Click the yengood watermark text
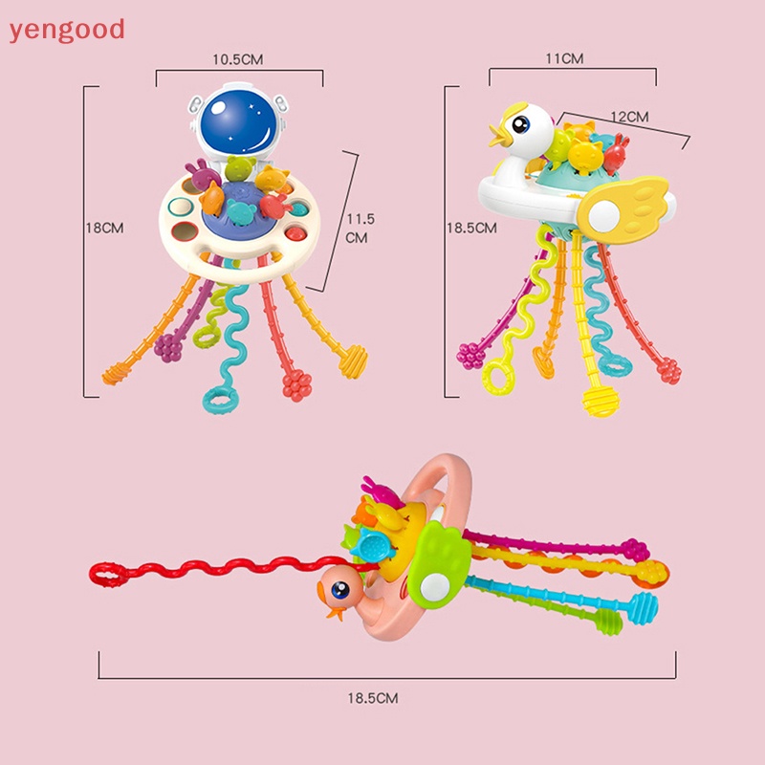67,30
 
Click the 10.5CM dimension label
237,59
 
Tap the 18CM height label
105,228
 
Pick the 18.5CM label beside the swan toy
472,228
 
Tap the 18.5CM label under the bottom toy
373,699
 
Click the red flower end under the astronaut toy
296,386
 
